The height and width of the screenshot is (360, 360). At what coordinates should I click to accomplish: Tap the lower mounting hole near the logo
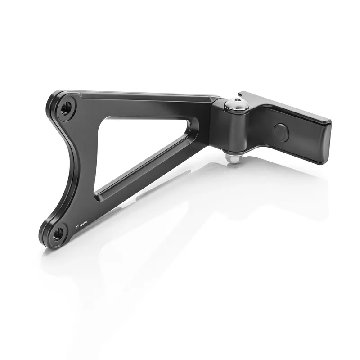click(57, 233)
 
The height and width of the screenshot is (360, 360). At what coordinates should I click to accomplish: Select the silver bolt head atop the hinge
click(233, 104)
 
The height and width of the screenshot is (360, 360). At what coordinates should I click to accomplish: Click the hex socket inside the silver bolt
click(233, 103)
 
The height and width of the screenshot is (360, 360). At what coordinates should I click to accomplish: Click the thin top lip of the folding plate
click(288, 103)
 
